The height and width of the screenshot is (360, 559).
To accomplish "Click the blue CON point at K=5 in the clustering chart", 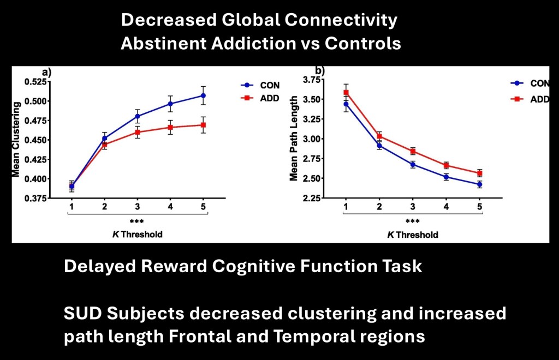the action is click(203, 95).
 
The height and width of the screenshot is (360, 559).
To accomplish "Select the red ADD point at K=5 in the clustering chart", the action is click(203, 125).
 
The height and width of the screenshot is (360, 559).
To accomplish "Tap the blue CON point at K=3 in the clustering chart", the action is click(138, 116).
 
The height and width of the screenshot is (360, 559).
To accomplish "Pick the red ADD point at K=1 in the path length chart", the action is click(346, 93).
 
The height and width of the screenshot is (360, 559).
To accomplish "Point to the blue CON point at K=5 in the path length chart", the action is click(479, 184).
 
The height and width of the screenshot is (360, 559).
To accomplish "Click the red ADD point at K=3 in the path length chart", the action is click(413, 151).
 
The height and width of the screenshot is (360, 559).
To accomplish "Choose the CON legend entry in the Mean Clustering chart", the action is click(260, 86).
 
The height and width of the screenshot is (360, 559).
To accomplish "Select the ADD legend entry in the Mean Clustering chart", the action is click(260, 98).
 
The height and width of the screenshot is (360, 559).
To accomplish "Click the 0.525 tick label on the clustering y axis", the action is click(35, 82).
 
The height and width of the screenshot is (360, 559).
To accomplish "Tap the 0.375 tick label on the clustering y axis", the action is click(35, 199).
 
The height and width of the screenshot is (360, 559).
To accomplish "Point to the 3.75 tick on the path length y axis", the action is click(311, 80).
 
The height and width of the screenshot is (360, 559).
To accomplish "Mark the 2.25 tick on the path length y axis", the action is click(311, 198).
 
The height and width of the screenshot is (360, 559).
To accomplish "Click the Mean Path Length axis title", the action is click(293, 138).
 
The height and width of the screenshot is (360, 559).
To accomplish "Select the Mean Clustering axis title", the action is click(16, 139).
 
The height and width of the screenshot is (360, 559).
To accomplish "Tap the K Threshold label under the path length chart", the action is click(413, 235).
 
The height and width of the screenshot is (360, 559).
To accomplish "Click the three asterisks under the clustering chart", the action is click(136, 221).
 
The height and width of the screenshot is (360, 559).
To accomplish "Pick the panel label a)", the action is click(47, 73).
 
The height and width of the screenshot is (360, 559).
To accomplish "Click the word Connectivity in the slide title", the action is click(341, 20).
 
